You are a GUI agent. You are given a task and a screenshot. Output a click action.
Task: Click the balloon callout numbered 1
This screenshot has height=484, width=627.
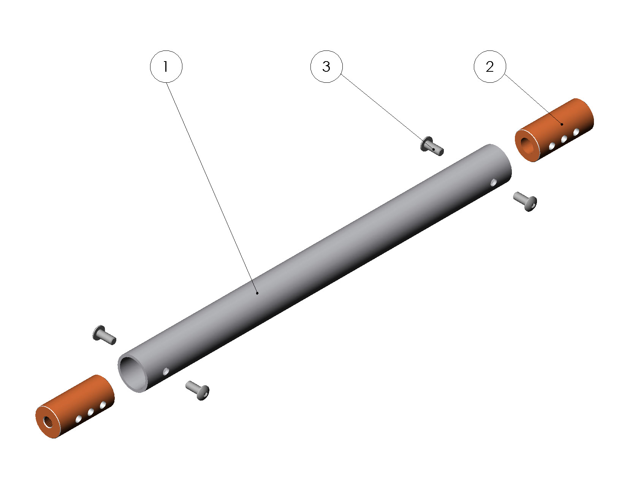point(166,66)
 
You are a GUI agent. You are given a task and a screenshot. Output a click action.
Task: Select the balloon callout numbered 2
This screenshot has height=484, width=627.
point(490,66)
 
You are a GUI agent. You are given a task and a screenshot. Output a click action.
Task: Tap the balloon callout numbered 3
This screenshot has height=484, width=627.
point(326,66)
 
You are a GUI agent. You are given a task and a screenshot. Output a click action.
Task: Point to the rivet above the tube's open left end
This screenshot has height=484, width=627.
point(104,335)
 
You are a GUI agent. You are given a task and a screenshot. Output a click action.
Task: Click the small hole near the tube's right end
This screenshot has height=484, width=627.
point(494,182)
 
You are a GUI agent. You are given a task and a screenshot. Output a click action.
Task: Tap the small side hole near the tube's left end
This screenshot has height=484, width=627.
point(166,371)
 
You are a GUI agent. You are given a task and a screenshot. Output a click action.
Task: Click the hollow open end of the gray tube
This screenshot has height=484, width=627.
point(133,374)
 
